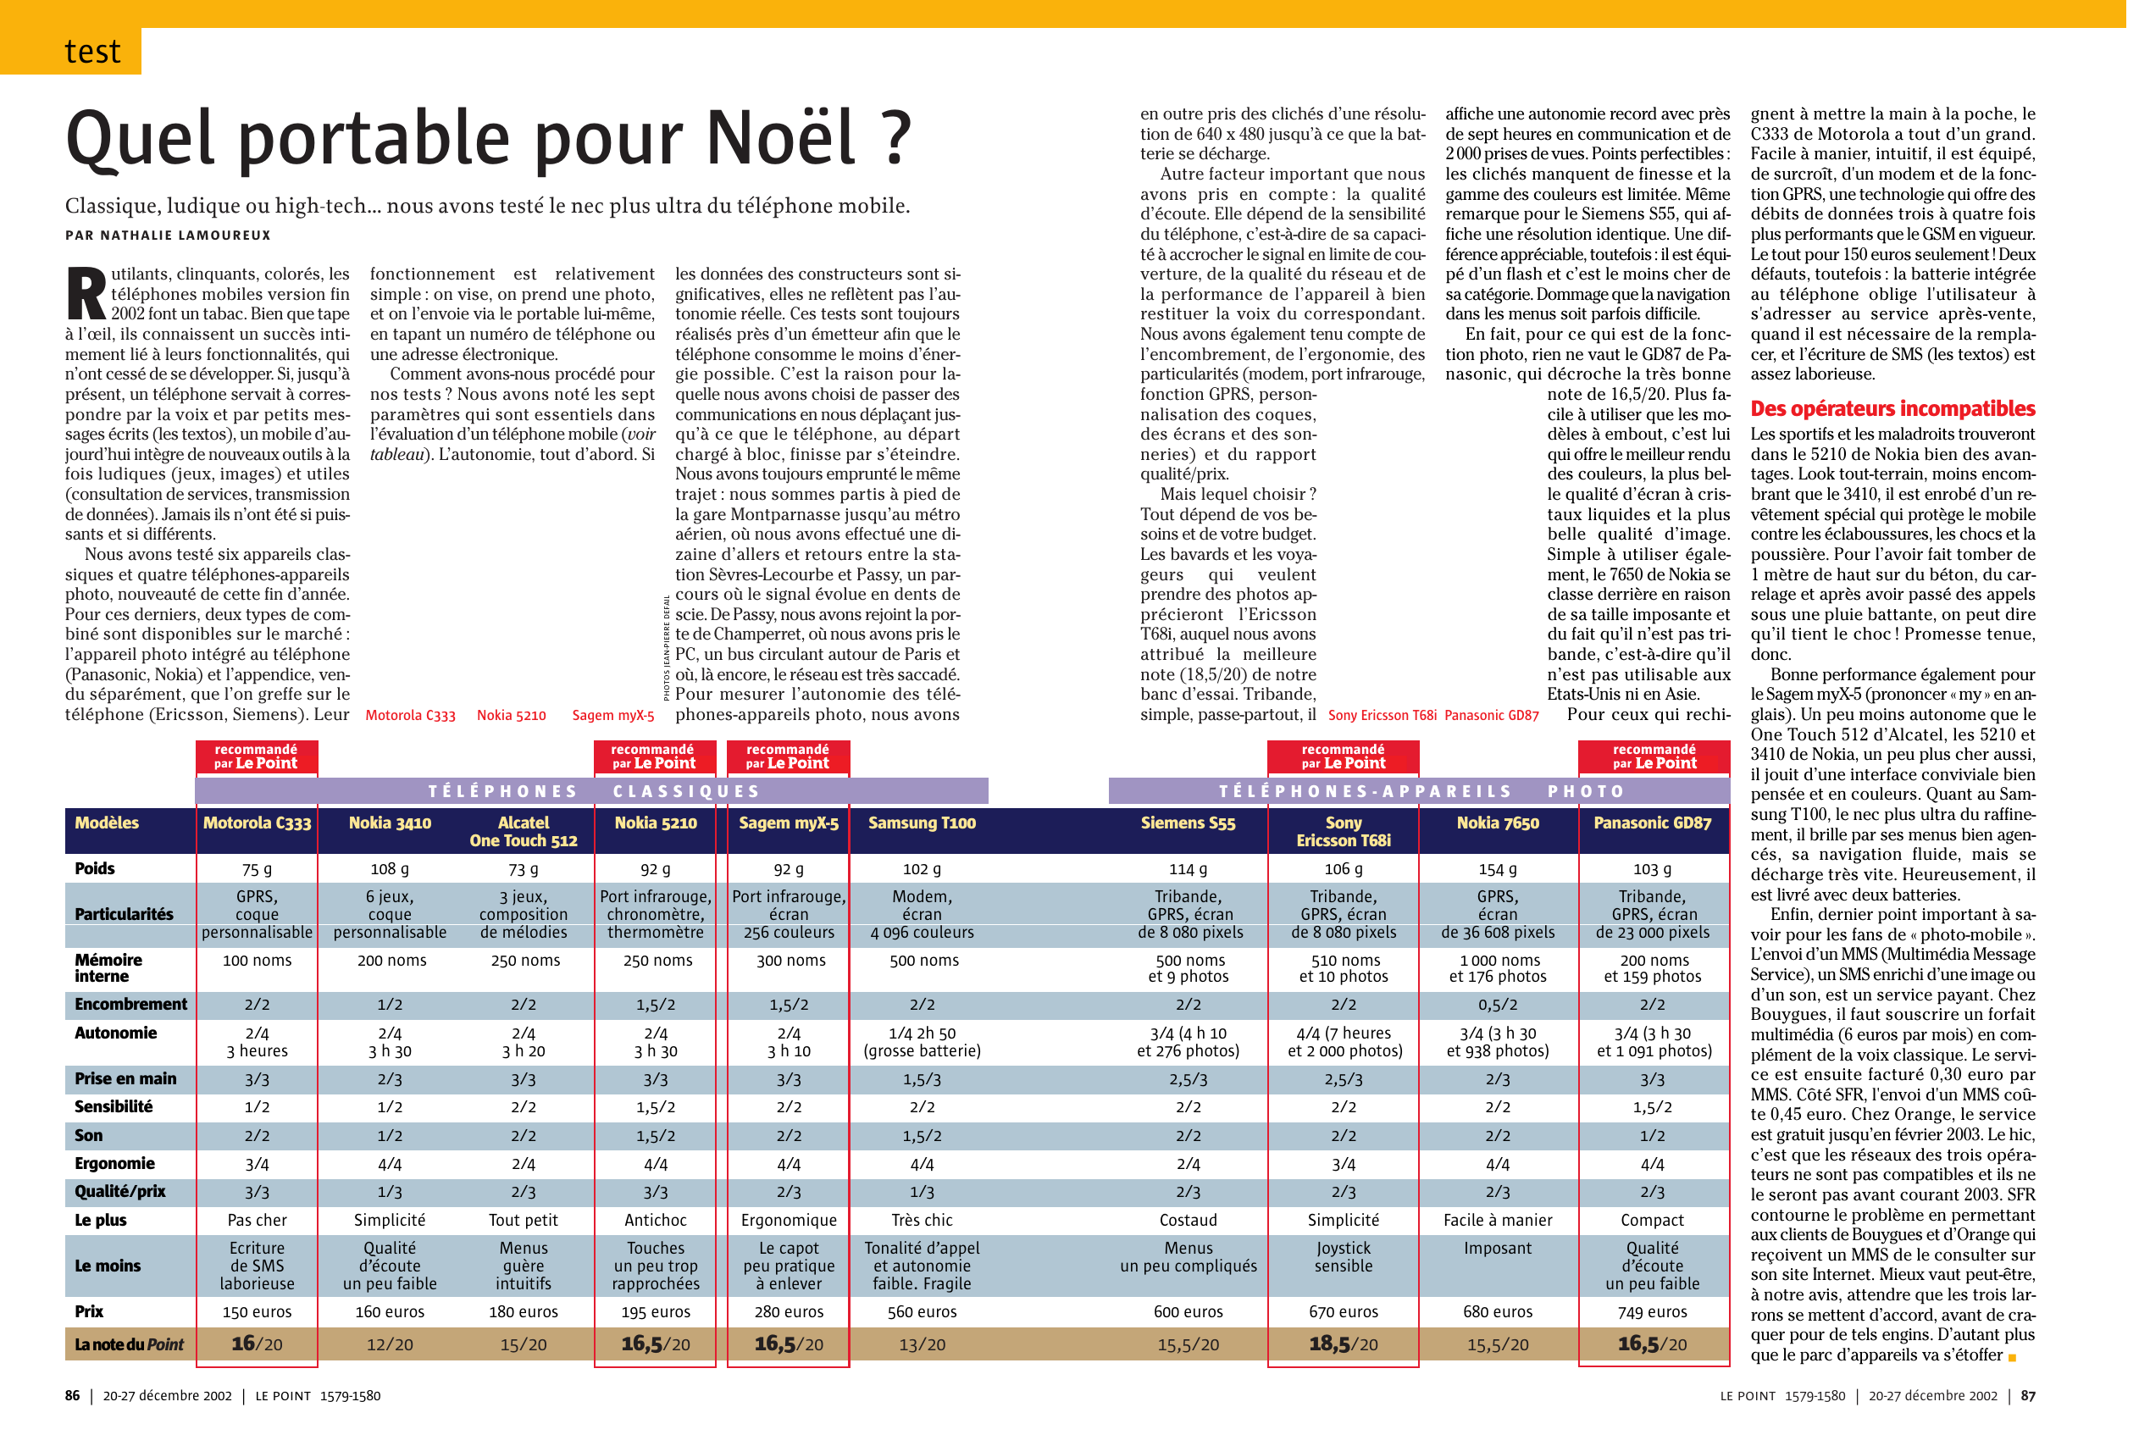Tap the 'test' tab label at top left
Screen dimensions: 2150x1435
(x=92, y=51)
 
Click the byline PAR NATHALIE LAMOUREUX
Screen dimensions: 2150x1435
(x=169, y=235)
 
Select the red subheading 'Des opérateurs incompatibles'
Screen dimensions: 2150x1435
(x=1892, y=409)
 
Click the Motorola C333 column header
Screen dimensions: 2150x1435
(x=258, y=823)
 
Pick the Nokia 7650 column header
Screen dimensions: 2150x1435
(x=1498, y=823)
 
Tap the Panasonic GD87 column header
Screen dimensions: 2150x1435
(x=1652, y=823)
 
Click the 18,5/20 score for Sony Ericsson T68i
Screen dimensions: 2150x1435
(x=1344, y=1344)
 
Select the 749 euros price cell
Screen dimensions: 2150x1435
(x=1652, y=1311)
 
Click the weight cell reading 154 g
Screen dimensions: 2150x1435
(x=1498, y=869)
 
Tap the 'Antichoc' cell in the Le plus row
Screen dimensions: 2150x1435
(x=656, y=1220)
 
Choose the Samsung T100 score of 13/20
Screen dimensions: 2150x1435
(x=922, y=1344)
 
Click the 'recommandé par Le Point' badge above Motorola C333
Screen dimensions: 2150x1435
(x=257, y=756)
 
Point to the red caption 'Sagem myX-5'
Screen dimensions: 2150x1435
(x=613, y=716)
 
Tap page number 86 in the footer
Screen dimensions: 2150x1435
(x=72, y=1396)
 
